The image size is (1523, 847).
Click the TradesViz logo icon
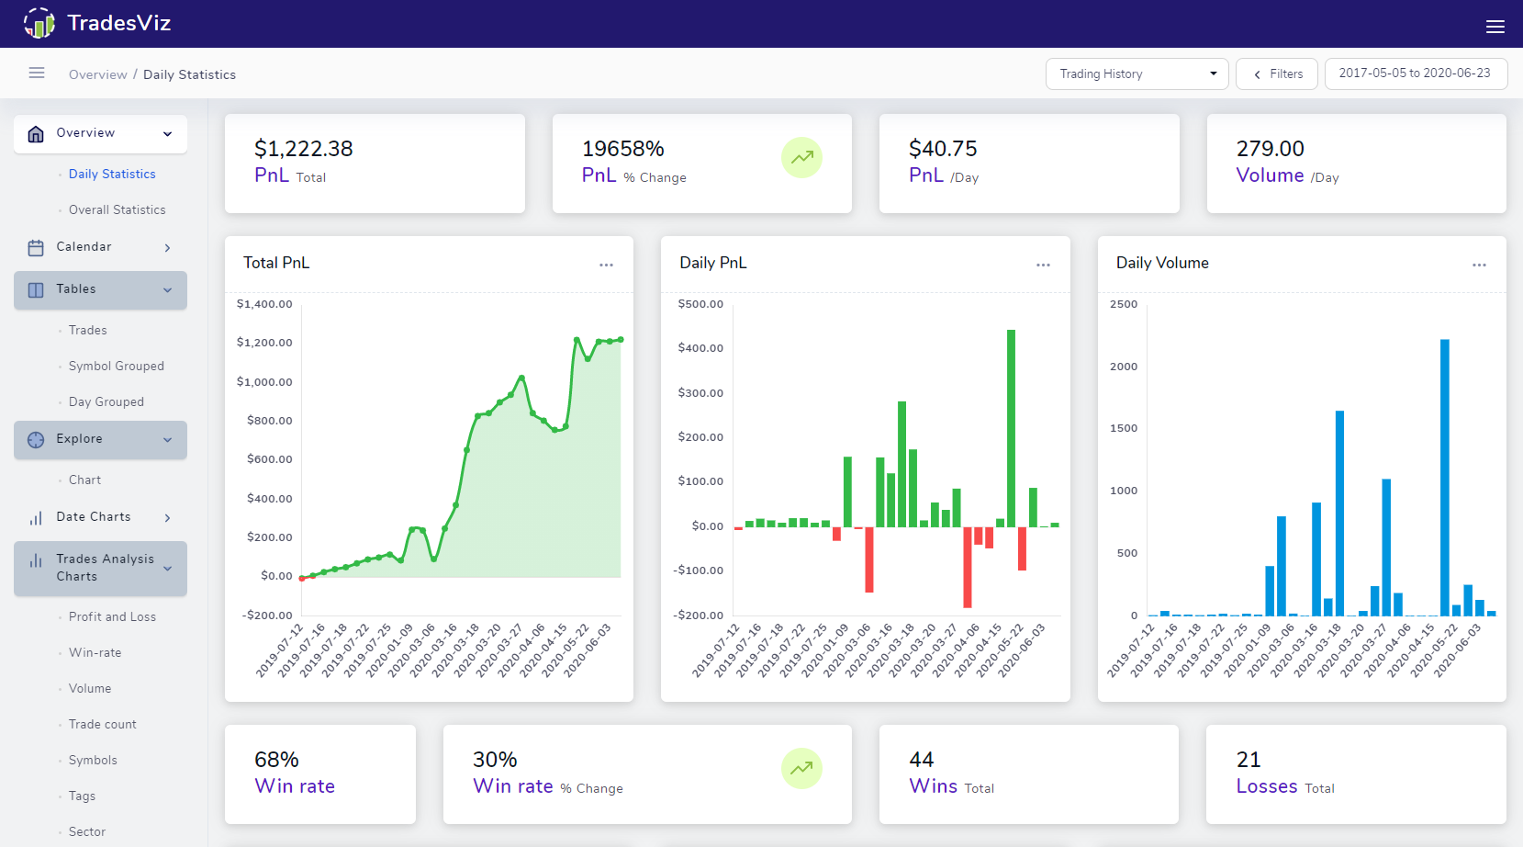[x=39, y=23]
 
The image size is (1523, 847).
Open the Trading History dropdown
[x=1137, y=73]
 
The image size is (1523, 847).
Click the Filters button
[x=1276, y=73]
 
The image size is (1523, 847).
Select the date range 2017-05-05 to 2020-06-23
[x=1415, y=73]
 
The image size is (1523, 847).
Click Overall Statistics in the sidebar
[x=117, y=209]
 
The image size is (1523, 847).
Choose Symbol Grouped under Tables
[x=116, y=366]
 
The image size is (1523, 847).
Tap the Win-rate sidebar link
[x=95, y=652]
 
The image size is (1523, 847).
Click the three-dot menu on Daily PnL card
[x=1043, y=265]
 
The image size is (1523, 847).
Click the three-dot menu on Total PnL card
[x=606, y=265]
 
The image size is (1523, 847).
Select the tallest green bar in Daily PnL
[x=1011, y=427]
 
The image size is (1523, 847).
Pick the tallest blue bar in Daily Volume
[x=1444, y=477]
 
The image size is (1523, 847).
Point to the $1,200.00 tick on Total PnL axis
[x=264, y=343]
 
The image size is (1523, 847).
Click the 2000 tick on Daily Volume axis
[x=1123, y=367]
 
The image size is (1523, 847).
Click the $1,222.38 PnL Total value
[x=303, y=149]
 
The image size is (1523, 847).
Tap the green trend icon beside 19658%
[x=801, y=157]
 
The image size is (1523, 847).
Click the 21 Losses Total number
[x=1249, y=760]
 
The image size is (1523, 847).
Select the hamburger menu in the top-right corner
[x=1495, y=27]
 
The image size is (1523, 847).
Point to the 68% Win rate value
[x=276, y=760]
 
